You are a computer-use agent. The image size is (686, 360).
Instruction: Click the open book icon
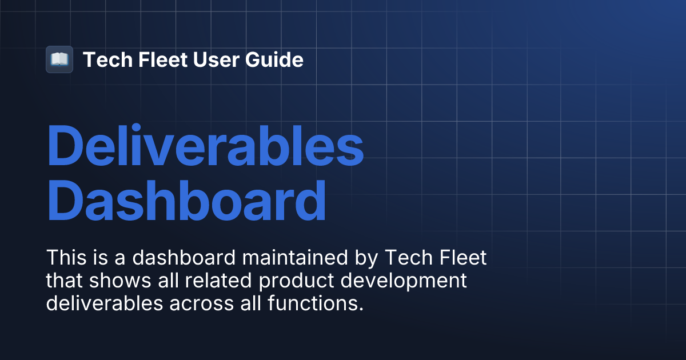click(59, 59)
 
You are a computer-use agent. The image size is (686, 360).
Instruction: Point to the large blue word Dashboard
click(186, 201)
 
